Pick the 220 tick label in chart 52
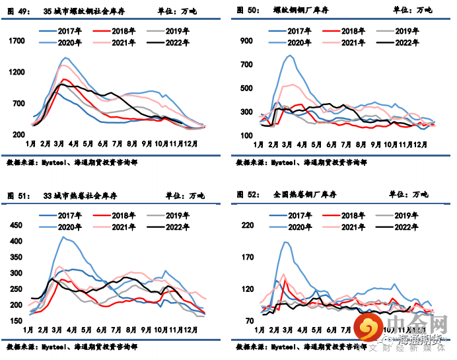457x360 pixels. click(248, 226)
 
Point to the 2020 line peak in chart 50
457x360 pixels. click(291, 55)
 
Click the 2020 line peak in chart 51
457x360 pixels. click(63, 237)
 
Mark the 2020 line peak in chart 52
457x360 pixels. click(287, 242)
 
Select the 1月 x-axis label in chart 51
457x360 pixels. click(30, 328)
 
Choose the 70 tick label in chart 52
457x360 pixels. click(250, 321)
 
